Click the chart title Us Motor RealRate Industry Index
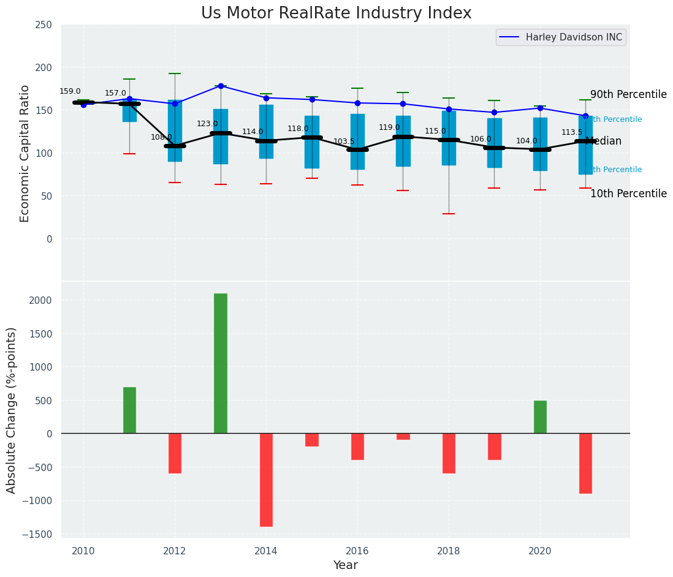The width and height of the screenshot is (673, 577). (x=336, y=13)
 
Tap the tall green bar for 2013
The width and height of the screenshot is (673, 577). (x=221, y=363)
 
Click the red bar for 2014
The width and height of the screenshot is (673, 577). (x=266, y=480)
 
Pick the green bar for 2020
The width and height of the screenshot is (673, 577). (x=540, y=417)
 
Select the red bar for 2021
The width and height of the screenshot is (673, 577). (x=585, y=463)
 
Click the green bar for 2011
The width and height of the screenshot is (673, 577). (x=129, y=410)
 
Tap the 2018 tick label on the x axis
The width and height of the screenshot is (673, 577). (x=449, y=551)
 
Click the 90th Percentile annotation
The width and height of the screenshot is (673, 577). (x=628, y=95)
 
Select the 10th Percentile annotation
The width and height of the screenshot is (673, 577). (x=628, y=194)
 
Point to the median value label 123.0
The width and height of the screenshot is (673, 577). (x=207, y=124)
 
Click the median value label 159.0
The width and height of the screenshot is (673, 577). (x=70, y=92)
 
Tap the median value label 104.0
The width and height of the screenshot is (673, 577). (x=527, y=141)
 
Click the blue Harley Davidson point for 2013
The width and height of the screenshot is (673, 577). (x=221, y=86)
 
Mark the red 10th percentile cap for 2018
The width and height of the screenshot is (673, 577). (x=449, y=214)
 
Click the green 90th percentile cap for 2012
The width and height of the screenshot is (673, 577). (x=175, y=74)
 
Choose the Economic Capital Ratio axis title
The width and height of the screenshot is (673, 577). (x=25, y=153)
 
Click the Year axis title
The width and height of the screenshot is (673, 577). (x=345, y=565)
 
